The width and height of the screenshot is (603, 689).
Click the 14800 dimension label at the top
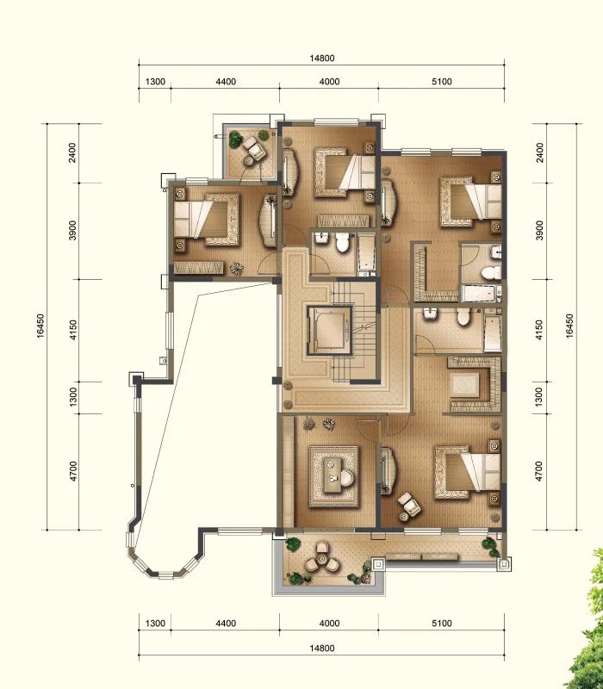pyautogui.click(x=321, y=58)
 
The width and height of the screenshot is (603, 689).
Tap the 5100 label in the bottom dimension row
pyautogui.click(x=442, y=623)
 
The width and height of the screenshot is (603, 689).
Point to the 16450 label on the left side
pyautogui.click(x=40, y=326)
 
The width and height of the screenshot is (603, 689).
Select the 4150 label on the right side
pyautogui.click(x=540, y=330)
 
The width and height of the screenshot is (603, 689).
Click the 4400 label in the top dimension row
pyautogui.click(x=226, y=82)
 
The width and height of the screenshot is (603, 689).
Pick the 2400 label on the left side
pyautogui.click(x=72, y=152)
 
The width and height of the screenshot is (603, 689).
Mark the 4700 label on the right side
pyautogui.click(x=540, y=471)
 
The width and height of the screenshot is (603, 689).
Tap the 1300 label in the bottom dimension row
pyautogui.click(x=155, y=623)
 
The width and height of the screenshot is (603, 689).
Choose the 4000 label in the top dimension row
pyautogui.click(x=330, y=82)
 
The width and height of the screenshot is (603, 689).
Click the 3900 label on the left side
pyautogui.click(x=72, y=230)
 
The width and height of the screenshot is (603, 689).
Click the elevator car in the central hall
pyautogui.click(x=330, y=330)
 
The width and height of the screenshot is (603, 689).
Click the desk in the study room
pyautogui.click(x=335, y=476)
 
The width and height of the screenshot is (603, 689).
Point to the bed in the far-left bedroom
pyautogui.click(x=207, y=219)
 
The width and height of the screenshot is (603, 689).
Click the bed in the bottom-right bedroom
pyautogui.click(x=468, y=473)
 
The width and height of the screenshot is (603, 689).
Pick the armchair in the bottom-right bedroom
pyautogui.click(x=410, y=505)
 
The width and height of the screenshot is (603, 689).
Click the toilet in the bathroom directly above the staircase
pyautogui.click(x=342, y=243)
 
